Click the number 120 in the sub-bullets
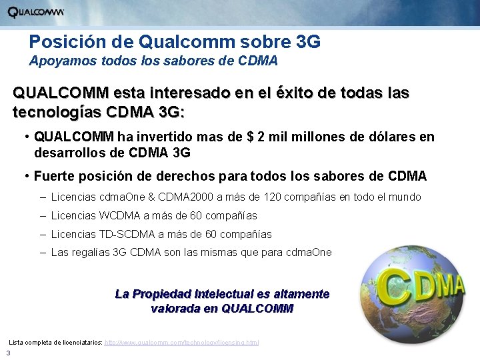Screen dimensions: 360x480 (273, 197)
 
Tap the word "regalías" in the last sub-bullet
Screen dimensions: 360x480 (92, 253)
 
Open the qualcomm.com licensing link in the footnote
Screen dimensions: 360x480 (182, 342)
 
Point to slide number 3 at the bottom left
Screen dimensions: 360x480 (7, 353)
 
